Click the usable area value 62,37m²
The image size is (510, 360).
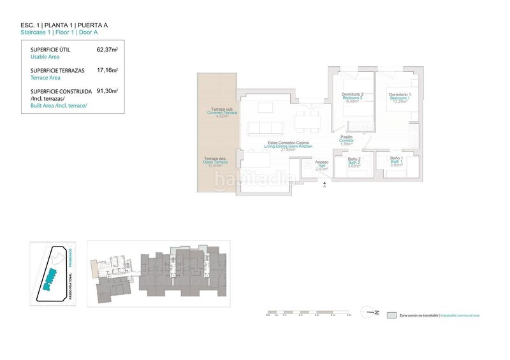tap(107, 50)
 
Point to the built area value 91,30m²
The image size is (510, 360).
tap(107, 91)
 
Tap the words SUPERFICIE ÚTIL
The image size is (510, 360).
tap(50, 50)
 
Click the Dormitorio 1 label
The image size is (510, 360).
tap(401, 96)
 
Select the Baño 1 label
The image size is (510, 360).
tap(395, 159)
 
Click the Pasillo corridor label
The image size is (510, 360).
tap(346, 137)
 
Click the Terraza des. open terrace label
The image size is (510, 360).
tap(215, 159)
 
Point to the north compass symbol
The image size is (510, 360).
tap(372, 312)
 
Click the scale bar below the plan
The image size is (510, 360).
tap(309, 313)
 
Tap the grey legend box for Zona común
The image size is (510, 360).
tap(391, 315)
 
